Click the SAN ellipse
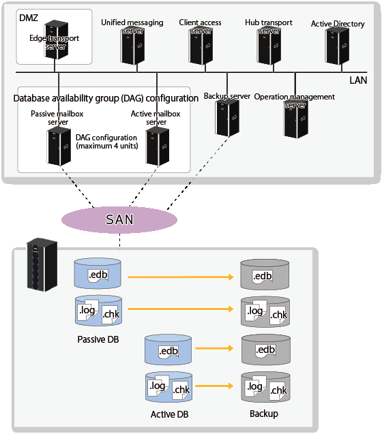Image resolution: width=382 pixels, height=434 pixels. [x=119, y=220]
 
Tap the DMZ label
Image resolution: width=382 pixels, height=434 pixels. [x=29, y=18]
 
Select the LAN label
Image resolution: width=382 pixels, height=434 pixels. [x=358, y=80]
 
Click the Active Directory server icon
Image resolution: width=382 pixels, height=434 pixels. [x=337, y=46]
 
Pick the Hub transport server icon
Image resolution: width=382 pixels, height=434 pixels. [x=269, y=46]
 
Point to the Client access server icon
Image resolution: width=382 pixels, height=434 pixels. [x=201, y=46]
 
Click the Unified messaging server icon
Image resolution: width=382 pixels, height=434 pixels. [x=132, y=46]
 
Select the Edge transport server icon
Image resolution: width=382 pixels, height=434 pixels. [x=56, y=40]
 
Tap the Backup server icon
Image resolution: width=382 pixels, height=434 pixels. [x=227, y=118]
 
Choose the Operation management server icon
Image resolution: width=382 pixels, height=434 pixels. [x=296, y=119]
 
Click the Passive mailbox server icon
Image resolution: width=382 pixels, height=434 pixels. [x=59, y=146]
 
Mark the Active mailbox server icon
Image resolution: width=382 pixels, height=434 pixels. [x=157, y=146]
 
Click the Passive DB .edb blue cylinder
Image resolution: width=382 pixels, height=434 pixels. [x=98, y=274]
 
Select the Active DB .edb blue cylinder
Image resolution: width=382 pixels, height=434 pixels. [x=168, y=350]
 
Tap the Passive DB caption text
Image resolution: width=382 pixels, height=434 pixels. [x=98, y=339]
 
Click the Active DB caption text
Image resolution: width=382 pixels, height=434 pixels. [x=169, y=414]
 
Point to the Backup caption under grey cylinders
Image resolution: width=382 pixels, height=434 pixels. [x=264, y=414]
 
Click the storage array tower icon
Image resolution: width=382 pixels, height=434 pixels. [x=42, y=264]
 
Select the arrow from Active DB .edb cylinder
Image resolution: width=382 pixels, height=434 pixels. [x=214, y=348]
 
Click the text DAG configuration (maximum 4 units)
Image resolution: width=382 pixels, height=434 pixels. [x=106, y=142]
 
